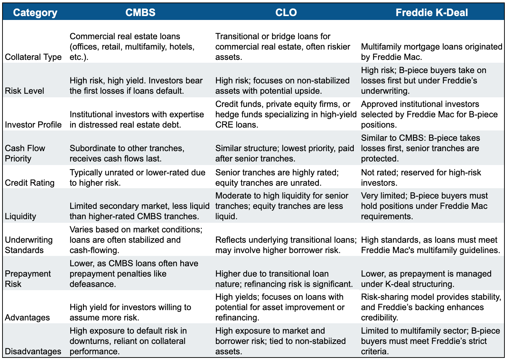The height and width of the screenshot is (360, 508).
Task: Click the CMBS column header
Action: pos(140,12)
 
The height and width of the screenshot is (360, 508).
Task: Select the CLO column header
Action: pos(286,12)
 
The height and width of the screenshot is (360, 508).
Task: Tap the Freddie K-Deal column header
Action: pos(432,12)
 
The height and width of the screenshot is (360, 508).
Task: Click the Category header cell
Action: pos(35,12)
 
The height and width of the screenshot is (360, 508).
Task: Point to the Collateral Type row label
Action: pos(33,57)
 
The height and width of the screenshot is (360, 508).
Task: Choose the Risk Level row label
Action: pos(25,91)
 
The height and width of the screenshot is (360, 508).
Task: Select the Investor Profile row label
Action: pos(33,125)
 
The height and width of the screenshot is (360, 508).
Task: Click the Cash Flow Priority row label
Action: pos(25,153)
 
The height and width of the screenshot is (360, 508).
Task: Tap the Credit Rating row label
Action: pos(30,183)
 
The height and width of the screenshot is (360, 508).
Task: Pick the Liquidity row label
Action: pos(21,216)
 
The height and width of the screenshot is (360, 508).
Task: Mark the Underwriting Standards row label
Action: pos(29,245)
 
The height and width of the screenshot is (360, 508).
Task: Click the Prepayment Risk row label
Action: pos(28,279)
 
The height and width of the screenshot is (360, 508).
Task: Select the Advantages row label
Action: pos(27,318)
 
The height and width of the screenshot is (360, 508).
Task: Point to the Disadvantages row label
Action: pos(33,351)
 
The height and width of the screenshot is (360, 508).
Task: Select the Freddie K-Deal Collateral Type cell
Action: pos(431,52)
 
